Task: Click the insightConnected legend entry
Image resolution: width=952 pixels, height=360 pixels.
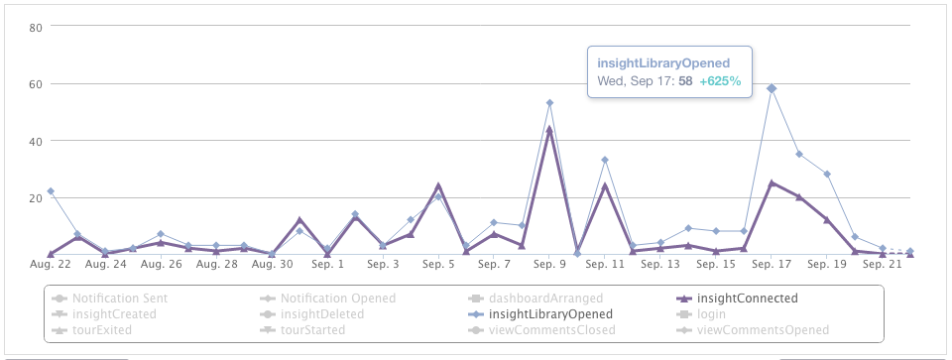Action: click(x=747, y=298)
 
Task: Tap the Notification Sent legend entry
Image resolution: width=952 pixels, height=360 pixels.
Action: click(x=119, y=298)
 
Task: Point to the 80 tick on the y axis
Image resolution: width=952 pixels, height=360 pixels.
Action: click(x=34, y=27)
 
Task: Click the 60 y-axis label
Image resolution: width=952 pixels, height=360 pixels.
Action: click(x=34, y=84)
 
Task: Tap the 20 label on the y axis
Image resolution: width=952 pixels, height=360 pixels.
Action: click(x=34, y=198)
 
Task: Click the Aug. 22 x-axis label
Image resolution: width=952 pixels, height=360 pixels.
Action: click(x=50, y=265)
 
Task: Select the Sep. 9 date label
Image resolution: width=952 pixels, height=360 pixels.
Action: click(x=549, y=265)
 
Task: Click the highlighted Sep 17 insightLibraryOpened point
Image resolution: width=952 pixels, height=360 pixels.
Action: click(x=772, y=89)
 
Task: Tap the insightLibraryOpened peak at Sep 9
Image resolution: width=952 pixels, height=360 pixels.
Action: click(x=549, y=103)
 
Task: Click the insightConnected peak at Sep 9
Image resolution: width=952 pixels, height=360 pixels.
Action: click(x=549, y=129)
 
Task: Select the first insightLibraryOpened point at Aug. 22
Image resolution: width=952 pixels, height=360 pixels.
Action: click(x=50, y=191)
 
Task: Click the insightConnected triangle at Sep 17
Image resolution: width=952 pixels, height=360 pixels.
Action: click(x=772, y=182)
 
